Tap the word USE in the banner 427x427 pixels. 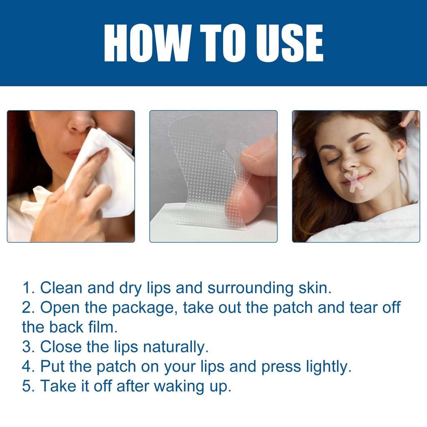tap(289, 43)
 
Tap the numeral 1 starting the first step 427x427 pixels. tap(27, 288)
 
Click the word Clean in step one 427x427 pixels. tap(61, 288)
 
